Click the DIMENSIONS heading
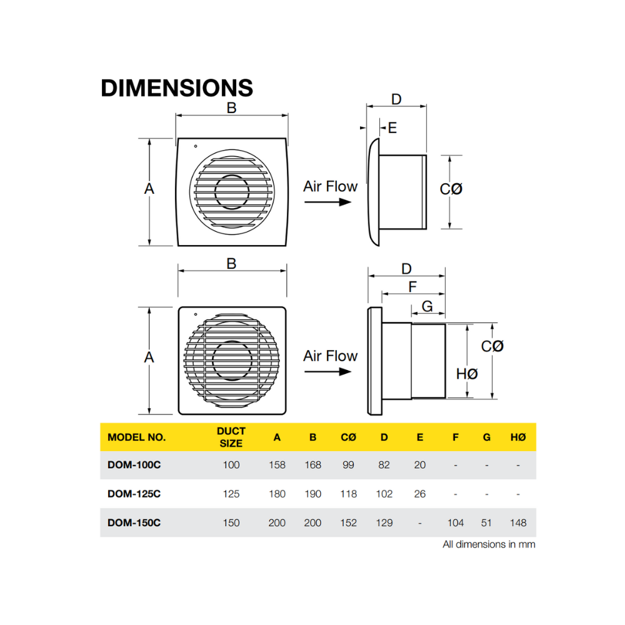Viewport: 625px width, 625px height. (x=177, y=87)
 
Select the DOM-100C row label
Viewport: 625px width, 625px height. (x=134, y=465)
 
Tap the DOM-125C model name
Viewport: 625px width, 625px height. (x=134, y=494)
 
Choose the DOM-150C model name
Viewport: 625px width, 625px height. (x=134, y=522)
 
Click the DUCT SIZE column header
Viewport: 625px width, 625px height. (x=231, y=437)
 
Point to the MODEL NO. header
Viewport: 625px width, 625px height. (x=137, y=437)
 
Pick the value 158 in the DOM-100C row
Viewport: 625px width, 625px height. (x=277, y=465)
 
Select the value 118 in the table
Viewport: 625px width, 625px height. (x=348, y=494)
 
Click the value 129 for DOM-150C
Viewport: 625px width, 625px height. (x=384, y=522)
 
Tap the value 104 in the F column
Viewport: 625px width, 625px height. (x=455, y=522)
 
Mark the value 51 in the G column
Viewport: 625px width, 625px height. (x=486, y=522)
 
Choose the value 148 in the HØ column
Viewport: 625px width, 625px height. (x=518, y=522)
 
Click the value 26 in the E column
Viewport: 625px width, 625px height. (x=419, y=494)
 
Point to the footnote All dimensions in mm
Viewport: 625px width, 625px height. (x=489, y=544)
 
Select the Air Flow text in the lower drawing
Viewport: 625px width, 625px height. (x=330, y=356)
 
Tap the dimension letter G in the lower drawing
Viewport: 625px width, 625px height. (x=427, y=306)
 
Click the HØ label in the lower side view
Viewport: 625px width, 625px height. (x=467, y=374)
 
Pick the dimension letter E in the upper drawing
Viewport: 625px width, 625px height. (x=392, y=127)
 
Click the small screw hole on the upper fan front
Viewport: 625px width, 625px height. (x=196, y=147)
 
